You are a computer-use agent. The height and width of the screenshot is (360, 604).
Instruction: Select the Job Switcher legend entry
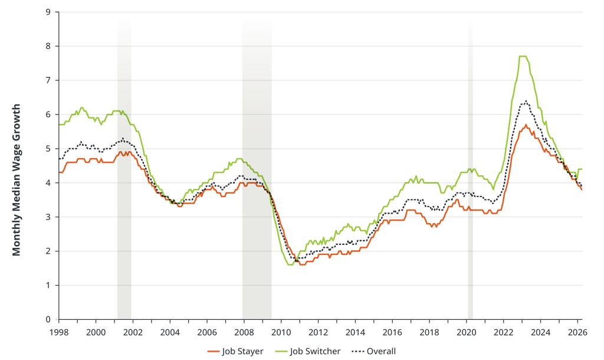coord(307,351)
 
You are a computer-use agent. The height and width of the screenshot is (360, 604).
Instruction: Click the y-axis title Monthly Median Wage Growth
coord(17,180)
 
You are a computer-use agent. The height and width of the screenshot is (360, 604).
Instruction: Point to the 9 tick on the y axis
coord(49,12)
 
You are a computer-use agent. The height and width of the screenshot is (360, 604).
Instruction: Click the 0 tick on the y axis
coord(49,319)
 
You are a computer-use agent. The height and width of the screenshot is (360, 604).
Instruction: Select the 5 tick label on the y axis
coord(49,149)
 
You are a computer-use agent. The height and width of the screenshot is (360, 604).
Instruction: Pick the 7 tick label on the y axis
coord(49,80)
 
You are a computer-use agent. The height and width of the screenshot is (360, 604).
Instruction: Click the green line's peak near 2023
coord(522,57)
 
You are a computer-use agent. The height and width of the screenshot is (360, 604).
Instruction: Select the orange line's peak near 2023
coord(526,125)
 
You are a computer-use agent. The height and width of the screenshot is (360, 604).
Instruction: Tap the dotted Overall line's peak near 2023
coord(525,101)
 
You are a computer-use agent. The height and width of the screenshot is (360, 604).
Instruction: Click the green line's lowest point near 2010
coord(290,264)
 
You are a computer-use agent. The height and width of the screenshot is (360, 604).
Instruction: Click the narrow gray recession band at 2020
coord(470,177)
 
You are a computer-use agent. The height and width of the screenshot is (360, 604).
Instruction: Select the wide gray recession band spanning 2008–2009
coord(257,177)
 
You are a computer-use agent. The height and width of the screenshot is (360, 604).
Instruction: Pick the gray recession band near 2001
coord(124,177)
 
